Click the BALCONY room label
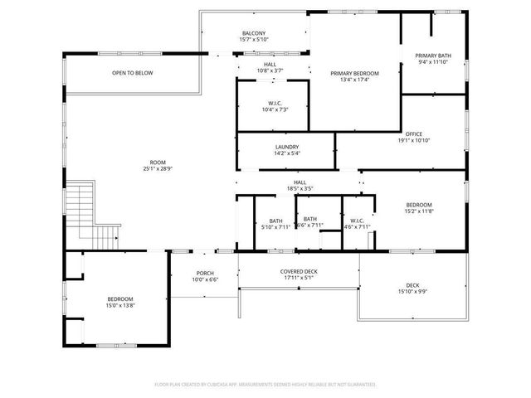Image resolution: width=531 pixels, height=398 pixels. coord(254,33)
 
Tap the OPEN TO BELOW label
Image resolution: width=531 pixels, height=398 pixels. coord(133,73)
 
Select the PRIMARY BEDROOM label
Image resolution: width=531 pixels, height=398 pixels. coord(354,74)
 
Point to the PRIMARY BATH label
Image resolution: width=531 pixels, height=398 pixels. coord(433,56)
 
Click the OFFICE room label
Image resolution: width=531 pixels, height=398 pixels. coord(414,134)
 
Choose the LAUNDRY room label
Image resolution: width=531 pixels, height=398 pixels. coord(286,147)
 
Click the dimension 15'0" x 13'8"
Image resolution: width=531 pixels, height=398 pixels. coord(120,306)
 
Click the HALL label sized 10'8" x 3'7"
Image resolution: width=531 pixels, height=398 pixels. coord(270,67)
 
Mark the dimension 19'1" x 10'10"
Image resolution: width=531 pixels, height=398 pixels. coord(414,140)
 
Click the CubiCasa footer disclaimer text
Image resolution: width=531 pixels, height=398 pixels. coord(265,384)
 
